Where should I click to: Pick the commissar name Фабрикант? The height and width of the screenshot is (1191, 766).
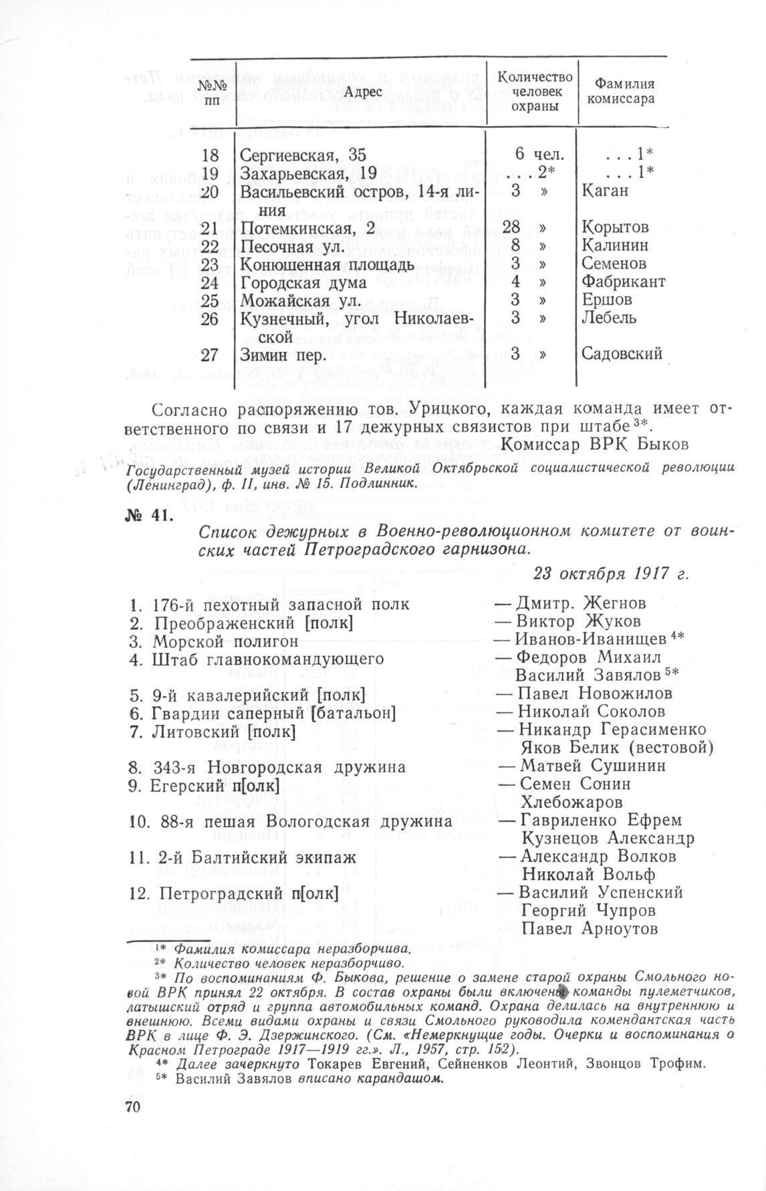click(624, 282)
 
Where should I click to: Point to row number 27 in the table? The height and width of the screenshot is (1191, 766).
click(209, 354)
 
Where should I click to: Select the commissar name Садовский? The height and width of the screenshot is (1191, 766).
click(622, 354)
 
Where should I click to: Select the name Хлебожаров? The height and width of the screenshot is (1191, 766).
click(573, 801)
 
